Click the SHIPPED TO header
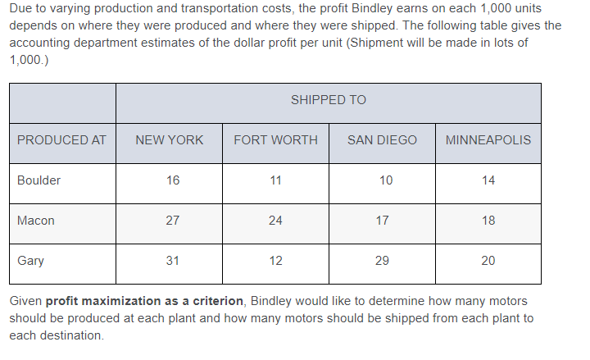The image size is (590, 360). coord(328,100)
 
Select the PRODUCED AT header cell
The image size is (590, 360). coord(61,140)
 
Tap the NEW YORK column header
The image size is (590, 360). coord(169,140)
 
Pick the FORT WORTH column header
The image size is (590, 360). coord(275,140)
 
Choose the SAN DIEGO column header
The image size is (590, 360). coord(382,140)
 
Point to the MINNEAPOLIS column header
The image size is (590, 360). coord(488,140)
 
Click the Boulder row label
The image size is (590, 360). coord(39,180)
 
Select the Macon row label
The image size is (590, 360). coord(36,221)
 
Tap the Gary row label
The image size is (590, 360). coord(31,261)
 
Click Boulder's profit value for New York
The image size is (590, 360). coord(173,180)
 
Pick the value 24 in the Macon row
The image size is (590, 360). coord(275,221)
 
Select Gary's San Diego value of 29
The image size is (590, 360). coord(382,261)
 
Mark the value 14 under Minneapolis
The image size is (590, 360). coord(488,180)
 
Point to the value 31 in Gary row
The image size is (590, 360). coord(173,261)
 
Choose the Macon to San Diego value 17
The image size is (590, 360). coord(382,221)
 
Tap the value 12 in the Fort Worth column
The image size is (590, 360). coord(275,261)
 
